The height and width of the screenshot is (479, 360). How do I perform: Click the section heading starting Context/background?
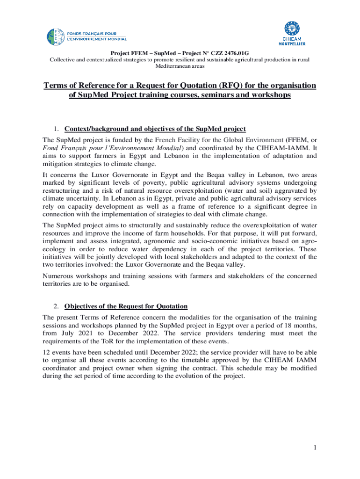155,129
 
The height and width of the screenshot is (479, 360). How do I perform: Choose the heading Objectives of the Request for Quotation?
126,307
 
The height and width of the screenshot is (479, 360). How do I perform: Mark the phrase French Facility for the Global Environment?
219,140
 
